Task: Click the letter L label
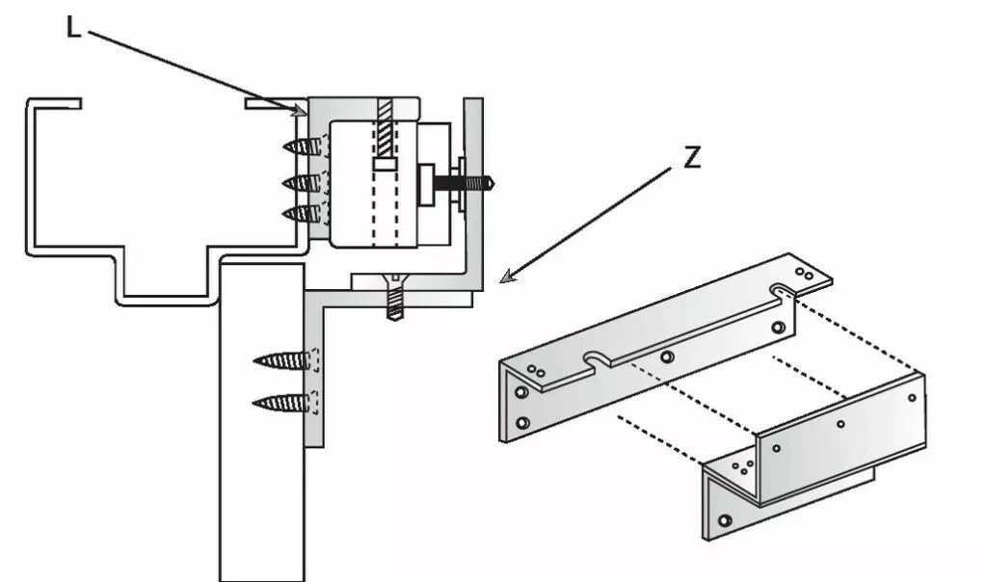(x=73, y=26)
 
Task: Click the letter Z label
(x=691, y=159)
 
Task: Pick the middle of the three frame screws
(x=302, y=182)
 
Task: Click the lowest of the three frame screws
(x=303, y=213)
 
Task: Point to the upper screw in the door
(x=283, y=361)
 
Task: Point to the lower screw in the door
(x=283, y=403)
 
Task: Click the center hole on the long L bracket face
(x=666, y=357)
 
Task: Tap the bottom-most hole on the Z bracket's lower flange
(x=725, y=521)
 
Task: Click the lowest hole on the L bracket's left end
(x=521, y=423)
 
